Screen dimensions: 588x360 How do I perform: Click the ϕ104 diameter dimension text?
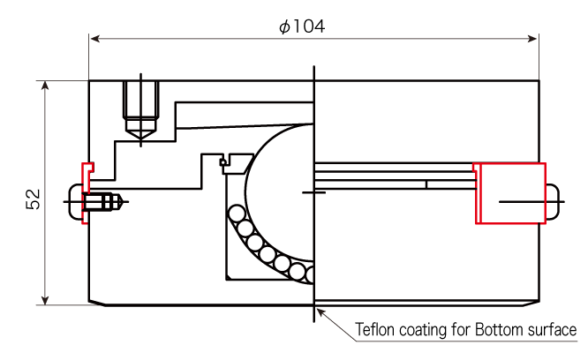pyautogui.click(x=302, y=26)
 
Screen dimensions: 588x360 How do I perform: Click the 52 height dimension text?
pyautogui.click(x=33, y=199)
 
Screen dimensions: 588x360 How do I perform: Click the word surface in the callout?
pyautogui.click(x=552, y=330)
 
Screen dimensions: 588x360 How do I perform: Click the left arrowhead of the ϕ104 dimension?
pyautogui.click(x=95, y=39)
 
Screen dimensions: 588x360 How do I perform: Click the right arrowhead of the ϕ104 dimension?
pyautogui.click(x=532, y=39)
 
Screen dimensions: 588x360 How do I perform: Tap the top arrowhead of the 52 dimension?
pyautogui.click(x=45, y=86)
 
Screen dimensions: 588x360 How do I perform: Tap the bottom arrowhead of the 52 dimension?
pyautogui.click(x=45, y=300)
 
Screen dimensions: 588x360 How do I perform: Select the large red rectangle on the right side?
pyautogui.click(x=511, y=193)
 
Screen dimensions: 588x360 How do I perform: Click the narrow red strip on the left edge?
pyautogui.click(x=87, y=193)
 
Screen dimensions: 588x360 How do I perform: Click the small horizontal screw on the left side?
pyautogui.click(x=102, y=202)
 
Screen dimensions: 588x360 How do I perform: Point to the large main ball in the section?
pyautogui.click(x=279, y=192)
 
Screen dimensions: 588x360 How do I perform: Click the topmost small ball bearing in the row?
pyautogui.click(x=237, y=214)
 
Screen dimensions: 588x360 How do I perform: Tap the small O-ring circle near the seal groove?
pyautogui.click(x=223, y=162)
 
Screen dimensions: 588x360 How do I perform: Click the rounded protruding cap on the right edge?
pyautogui.click(x=553, y=202)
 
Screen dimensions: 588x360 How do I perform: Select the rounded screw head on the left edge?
pyautogui.click(x=75, y=202)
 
